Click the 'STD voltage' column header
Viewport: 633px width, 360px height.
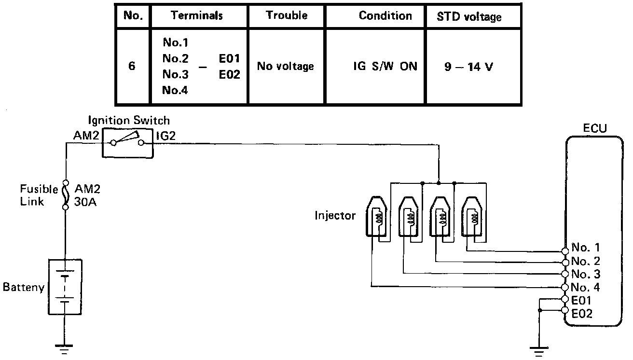coord(469,17)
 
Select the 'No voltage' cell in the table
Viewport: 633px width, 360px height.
coord(285,66)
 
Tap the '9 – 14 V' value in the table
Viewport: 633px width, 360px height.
coord(468,66)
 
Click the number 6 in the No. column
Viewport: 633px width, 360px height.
coord(132,66)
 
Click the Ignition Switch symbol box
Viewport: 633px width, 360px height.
coord(127,142)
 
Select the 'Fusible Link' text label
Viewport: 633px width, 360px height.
coord(39,194)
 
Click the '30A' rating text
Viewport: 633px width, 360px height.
coord(86,202)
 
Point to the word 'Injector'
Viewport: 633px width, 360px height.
coord(335,215)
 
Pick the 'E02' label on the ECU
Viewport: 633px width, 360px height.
coord(582,314)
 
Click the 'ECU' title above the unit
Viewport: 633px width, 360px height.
coord(594,128)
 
